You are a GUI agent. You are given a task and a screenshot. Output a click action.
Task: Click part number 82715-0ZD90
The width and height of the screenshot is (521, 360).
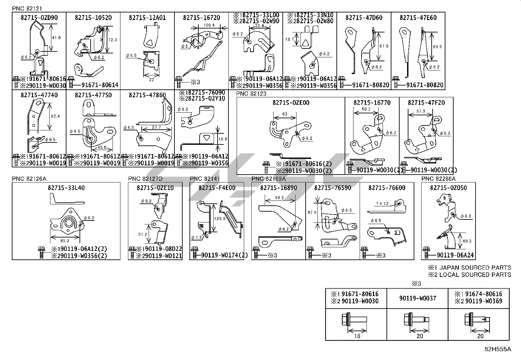(39, 18)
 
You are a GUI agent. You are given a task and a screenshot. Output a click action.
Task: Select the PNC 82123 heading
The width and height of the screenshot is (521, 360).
(251, 94)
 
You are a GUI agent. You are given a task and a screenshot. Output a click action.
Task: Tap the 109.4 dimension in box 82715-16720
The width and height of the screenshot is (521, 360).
(209, 25)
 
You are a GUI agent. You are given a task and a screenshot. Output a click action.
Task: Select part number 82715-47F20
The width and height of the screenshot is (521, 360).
(426, 103)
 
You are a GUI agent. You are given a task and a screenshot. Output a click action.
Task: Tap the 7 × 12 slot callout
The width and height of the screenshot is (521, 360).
(382, 204)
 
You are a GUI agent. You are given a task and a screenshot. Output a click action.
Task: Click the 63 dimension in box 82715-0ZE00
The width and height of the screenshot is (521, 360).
(284, 114)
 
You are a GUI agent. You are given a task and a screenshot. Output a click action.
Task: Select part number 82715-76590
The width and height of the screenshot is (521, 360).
(332, 188)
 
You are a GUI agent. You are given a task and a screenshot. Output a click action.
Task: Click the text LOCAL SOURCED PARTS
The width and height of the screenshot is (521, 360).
(475, 275)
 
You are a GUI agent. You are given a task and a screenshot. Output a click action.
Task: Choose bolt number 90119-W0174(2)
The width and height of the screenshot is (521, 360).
(225, 256)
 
